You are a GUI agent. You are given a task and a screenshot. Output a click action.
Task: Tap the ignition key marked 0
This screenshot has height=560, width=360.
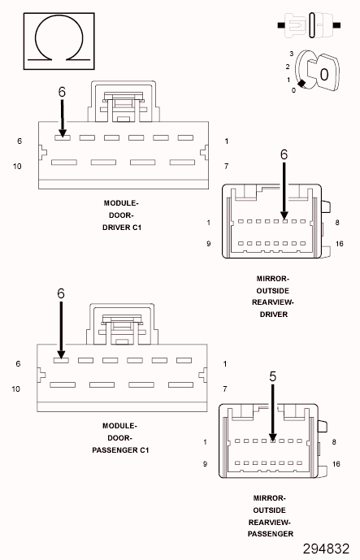coord(323,72)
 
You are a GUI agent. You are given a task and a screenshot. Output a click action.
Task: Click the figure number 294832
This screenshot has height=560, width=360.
coord(326,549)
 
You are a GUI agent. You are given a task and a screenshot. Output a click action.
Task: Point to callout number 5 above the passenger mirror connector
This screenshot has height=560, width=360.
coord(273,376)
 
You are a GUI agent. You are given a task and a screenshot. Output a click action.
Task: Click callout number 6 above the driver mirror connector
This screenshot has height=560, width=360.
coord(284,154)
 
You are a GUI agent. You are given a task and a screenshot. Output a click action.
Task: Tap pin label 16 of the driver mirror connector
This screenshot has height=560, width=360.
coord(340,244)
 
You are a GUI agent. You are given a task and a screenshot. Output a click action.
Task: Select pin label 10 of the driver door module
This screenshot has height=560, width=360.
coord(17,167)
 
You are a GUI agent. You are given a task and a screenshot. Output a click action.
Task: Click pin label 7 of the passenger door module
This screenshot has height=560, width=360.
coord(224,389)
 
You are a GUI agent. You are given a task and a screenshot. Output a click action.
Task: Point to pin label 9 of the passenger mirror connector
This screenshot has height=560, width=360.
coord(205,464)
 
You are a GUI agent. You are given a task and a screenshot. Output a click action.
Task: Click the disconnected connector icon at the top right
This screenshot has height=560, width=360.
coord(310,25)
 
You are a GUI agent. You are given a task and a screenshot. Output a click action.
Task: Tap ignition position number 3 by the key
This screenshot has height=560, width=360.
coord(292,54)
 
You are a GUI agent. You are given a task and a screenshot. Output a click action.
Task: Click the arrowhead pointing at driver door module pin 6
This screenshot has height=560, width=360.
coord(63,133)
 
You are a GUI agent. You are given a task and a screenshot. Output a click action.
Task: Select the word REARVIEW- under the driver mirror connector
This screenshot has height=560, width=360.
coord(273,302)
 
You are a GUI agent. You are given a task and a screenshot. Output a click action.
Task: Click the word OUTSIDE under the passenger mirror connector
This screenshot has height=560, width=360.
coord(269,510)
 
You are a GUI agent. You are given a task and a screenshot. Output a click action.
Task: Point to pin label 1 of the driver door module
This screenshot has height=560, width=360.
coord(227,141)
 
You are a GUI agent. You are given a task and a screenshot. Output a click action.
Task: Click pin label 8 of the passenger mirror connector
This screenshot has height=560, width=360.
coord(334,442)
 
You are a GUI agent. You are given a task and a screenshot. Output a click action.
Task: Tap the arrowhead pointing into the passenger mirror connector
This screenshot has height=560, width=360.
coord(273,437)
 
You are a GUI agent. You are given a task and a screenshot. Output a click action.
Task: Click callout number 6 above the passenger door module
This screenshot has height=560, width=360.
coord(61,293)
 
